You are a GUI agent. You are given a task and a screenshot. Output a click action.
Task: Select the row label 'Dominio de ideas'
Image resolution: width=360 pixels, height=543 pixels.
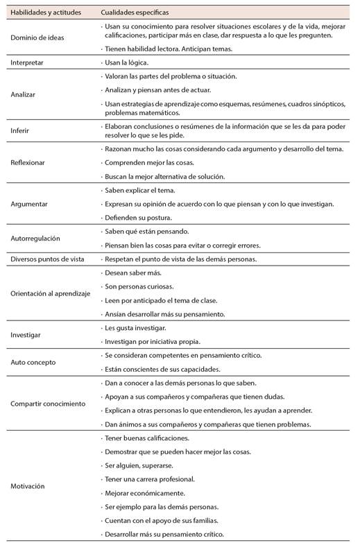37,37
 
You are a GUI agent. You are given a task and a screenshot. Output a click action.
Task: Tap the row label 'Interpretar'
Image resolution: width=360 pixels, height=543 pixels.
28,62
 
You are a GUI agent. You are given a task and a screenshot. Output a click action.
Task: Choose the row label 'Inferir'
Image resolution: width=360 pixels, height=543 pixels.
20,130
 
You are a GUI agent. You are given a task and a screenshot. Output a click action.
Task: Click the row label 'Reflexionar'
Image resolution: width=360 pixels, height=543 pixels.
29,163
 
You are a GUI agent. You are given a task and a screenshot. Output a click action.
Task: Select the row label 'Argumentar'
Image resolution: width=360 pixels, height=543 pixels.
29,204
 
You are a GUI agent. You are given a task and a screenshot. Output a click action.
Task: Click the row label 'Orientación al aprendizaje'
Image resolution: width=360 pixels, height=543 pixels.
51,293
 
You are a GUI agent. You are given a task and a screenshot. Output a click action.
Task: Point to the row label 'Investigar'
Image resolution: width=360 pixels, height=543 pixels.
26,334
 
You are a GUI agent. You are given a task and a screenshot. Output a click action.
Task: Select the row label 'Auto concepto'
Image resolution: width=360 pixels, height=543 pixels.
33,362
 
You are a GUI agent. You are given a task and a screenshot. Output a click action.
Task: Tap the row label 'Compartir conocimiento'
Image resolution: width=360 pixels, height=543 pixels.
49,404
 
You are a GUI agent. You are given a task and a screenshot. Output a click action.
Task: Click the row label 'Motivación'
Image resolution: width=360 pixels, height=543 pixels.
28,486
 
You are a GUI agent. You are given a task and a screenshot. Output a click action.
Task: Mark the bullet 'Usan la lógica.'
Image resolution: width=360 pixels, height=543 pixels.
128,62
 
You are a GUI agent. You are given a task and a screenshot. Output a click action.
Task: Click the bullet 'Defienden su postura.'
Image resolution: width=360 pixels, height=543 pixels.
137,218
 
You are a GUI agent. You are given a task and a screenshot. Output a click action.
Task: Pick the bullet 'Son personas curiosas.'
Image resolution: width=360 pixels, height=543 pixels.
139,286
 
